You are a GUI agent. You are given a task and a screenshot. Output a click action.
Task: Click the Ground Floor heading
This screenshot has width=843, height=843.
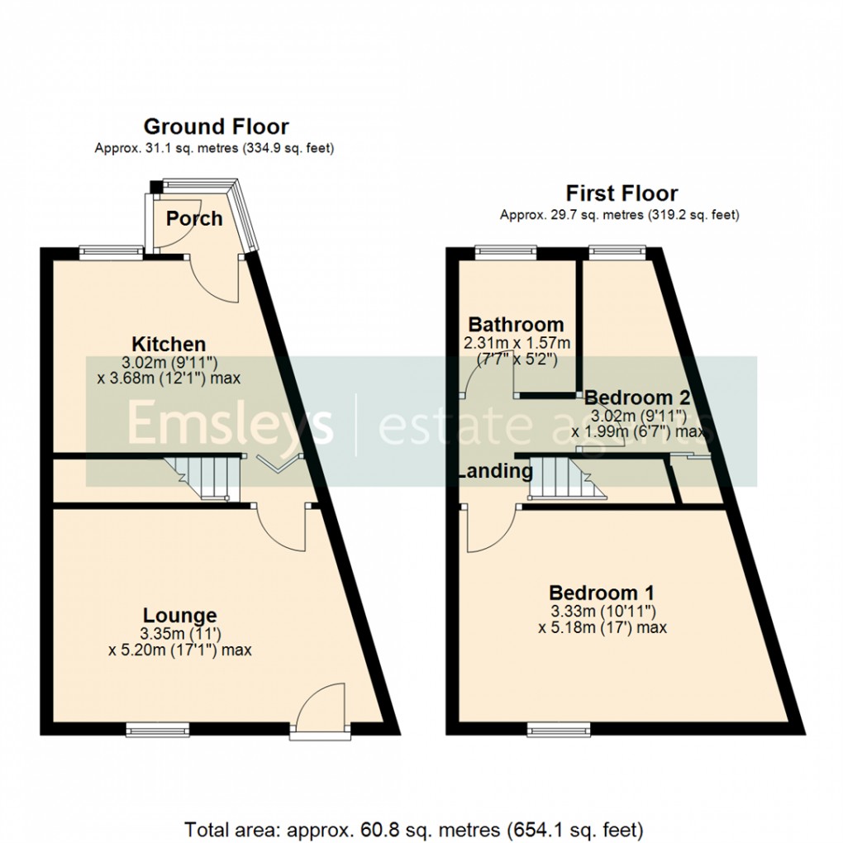click(x=216, y=126)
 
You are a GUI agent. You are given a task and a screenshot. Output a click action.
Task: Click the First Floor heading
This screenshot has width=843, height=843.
click(x=621, y=193)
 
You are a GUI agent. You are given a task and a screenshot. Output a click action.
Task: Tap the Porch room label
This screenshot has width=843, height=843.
click(x=194, y=218)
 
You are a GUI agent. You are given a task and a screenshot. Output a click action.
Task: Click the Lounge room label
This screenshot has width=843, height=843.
click(x=180, y=616)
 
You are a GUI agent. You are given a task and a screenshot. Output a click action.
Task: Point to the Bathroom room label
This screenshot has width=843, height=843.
click(x=516, y=325)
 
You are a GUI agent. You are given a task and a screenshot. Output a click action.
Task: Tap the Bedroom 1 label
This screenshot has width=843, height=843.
click(x=602, y=593)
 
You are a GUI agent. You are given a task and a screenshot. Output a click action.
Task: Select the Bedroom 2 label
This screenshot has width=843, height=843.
click(x=636, y=397)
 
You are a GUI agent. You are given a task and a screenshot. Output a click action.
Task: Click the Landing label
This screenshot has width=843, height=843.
click(x=495, y=472)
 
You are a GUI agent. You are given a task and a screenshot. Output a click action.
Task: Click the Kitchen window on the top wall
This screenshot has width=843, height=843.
click(x=110, y=249)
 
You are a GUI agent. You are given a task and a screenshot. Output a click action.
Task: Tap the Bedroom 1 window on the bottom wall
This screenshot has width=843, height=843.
click(x=552, y=729)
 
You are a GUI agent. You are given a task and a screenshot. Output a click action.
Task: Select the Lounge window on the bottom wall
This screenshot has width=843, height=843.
click(x=158, y=729)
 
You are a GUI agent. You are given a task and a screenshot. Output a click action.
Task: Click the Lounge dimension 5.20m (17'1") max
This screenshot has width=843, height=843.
click(x=180, y=650)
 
